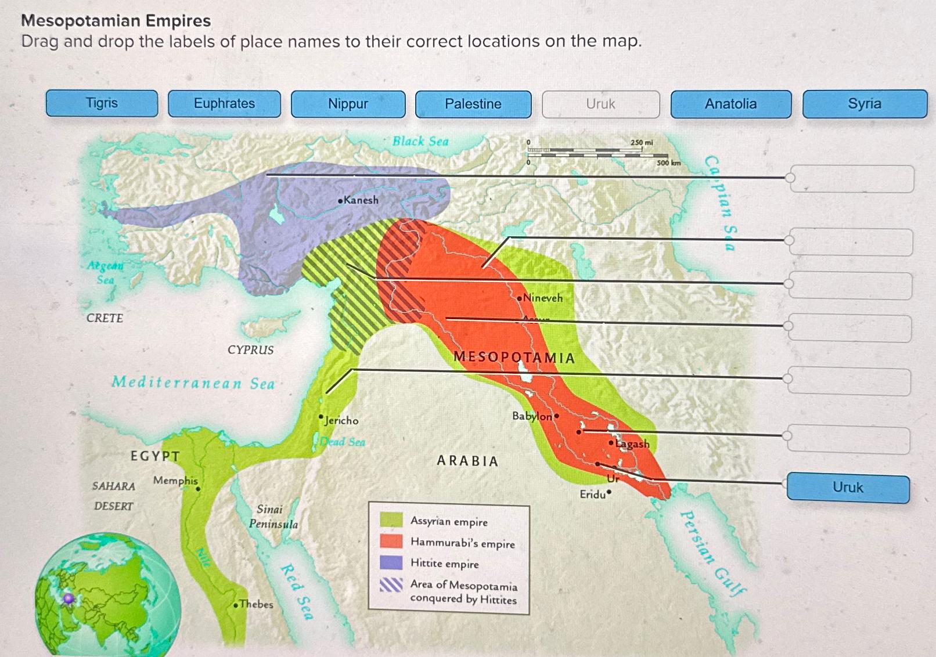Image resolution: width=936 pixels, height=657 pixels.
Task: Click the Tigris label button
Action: (102, 103)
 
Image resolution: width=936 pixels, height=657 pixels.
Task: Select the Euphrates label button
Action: (224, 104)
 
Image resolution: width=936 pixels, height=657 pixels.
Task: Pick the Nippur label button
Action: (348, 104)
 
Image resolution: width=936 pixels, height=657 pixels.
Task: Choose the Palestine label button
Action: (473, 104)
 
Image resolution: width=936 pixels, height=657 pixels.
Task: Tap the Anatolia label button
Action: (730, 104)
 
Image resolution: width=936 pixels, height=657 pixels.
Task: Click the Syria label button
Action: (864, 104)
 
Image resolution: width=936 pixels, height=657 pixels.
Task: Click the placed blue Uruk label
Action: (848, 488)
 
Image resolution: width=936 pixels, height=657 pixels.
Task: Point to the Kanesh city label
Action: (360, 200)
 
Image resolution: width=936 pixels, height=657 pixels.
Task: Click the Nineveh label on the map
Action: (542, 298)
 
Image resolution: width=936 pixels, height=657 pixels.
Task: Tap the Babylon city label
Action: (532, 416)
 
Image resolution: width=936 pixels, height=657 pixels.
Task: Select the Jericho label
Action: (341, 420)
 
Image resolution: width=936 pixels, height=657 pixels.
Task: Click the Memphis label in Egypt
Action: (175, 481)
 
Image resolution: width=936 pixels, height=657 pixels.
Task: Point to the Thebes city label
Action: (255, 604)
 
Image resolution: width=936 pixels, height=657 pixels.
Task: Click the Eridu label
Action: (593, 494)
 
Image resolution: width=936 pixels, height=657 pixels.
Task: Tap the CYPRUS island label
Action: (250, 350)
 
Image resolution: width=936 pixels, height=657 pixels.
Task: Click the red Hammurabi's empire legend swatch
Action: (391, 541)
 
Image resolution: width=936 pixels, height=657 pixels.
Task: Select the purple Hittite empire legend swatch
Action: (391, 562)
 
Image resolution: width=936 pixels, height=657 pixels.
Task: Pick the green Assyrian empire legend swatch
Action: (391, 519)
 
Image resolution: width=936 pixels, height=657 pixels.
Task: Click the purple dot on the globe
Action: (69, 598)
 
